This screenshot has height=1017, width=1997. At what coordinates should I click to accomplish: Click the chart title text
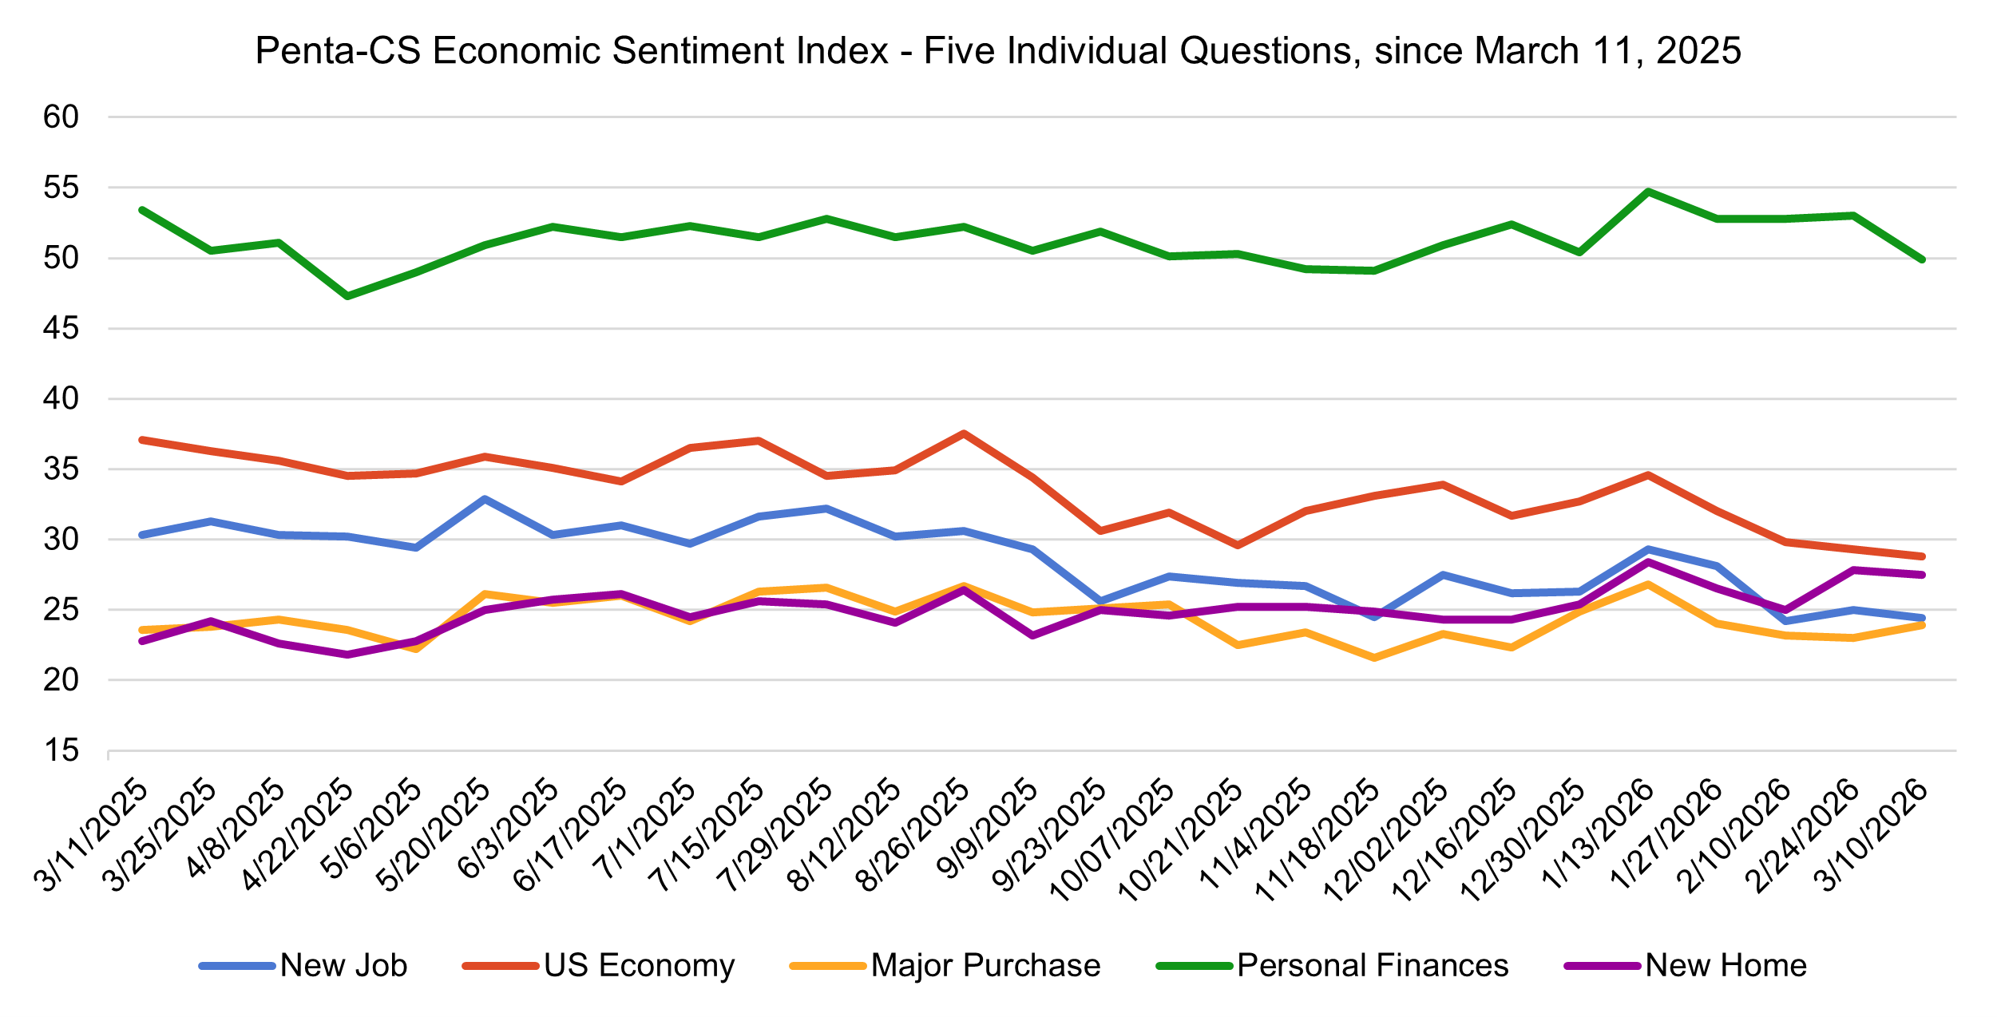pyautogui.click(x=998, y=51)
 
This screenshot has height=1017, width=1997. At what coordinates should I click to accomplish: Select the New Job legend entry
pyautogui.click(x=343, y=966)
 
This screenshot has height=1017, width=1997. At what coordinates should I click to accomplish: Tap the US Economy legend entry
pyautogui.click(x=639, y=966)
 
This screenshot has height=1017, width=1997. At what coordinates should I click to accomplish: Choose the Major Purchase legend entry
pyautogui.click(x=985, y=966)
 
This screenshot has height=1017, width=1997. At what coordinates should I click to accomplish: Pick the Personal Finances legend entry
pyautogui.click(x=1373, y=966)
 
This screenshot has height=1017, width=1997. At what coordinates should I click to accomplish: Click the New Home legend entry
pyautogui.click(x=1726, y=966)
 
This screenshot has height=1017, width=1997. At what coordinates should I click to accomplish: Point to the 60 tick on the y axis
pyautogui.click(x=61, y=117)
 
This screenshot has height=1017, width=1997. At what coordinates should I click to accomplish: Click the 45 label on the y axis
pyautogui.click(x=61, y=328)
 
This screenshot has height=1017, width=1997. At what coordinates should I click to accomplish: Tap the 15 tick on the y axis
pyautogui.click(x=61, y=750)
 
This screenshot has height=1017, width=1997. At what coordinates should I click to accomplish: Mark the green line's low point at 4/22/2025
pyautogui.click(x=347, y=296)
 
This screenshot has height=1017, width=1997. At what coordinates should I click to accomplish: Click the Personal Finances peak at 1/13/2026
pyautogui.click(x=1648, y=192)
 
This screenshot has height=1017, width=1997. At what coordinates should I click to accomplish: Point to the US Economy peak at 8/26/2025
pyautogui.click(x=965, y=433)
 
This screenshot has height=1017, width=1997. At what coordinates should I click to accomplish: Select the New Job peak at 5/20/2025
pyautogui.click(x=485, y=499)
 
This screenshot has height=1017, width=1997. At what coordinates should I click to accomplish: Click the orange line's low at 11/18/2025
pyautogui.click(x=1374, y=658)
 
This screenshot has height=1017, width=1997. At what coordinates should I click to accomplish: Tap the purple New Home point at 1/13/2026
pyautogui.click(x=1648, y=562)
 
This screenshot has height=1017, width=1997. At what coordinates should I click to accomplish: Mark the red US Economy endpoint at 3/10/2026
pyautogui.click(x=1922, y=556)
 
